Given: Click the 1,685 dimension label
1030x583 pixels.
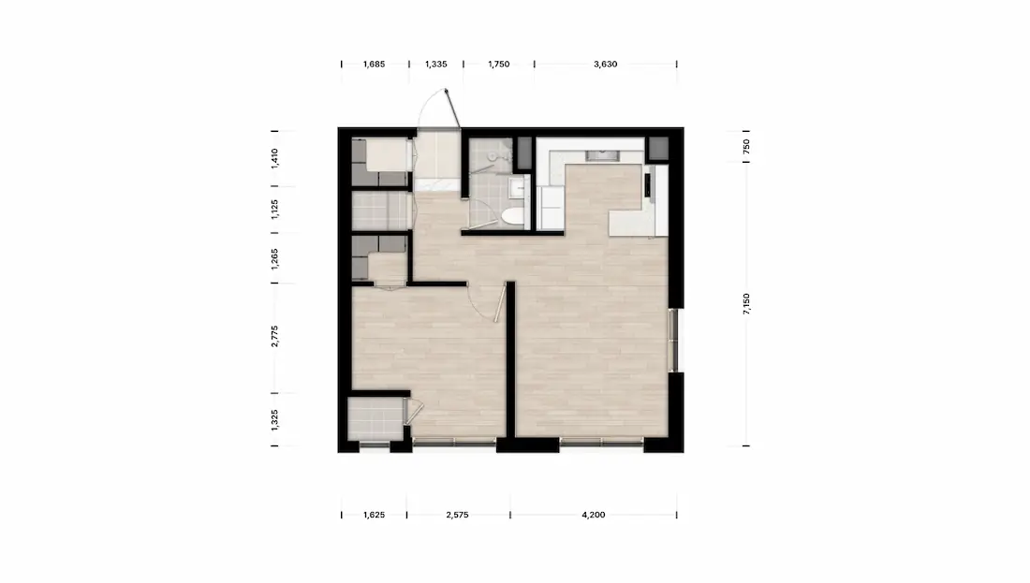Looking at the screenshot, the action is point(374,65).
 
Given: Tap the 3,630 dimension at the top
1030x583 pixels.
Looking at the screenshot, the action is point(605,65).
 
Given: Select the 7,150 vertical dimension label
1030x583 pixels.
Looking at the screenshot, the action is point(746,304).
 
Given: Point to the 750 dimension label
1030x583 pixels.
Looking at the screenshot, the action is point(746,146).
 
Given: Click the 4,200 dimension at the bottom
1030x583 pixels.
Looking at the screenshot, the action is point(593,515).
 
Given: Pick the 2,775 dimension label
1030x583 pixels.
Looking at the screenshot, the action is point(274,336).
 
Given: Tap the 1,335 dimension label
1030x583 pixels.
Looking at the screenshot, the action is point(436,65).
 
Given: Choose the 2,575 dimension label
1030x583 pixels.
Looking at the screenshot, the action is point(457,515).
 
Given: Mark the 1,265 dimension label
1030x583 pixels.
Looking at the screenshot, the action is point(274,258).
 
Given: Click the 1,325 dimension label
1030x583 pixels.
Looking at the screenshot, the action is point(274,420).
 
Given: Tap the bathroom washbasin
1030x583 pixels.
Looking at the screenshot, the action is point(518,188).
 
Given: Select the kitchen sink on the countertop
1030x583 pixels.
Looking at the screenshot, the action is point(602,155).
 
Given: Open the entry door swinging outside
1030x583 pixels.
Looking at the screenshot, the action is point(452,109).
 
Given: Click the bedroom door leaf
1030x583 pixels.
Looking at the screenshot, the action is point(500,301).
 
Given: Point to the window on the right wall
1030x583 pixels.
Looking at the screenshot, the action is point(673,340).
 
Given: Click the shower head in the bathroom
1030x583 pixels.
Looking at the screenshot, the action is point(493,155).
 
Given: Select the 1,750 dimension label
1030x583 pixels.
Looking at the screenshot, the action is point(498,65).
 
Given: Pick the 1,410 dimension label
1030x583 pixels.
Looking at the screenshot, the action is point(274,158).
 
